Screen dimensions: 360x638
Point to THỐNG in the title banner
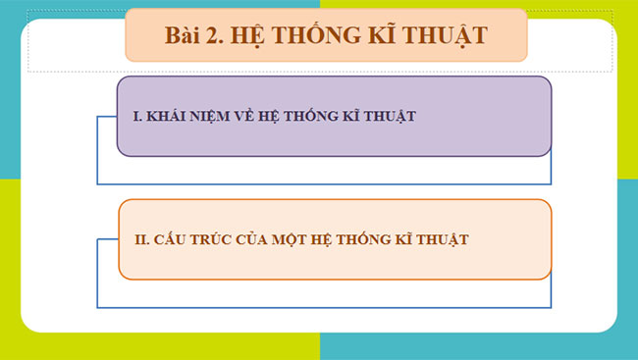point(328,36)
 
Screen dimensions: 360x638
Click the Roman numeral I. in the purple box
point(135,117)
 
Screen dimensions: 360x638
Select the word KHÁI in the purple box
point(164,117)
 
